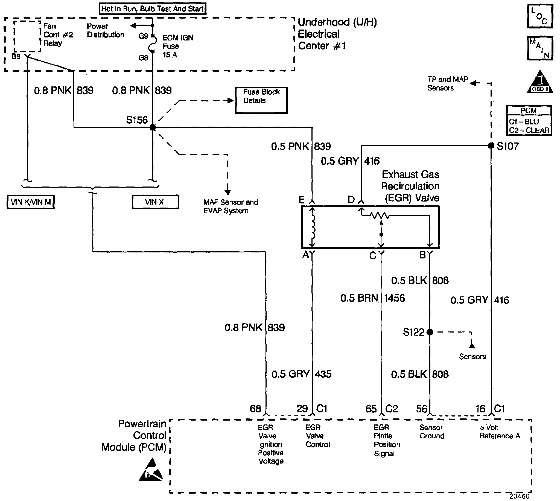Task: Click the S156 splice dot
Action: tap(153, 127)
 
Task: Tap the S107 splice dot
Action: tap(491, 145)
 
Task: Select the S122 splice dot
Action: tap(430, 332)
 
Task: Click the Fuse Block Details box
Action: tap(261, 100)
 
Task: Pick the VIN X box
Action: tap(156, 202)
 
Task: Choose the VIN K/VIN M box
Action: tap(31, 202)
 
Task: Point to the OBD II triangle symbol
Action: tap(540, 82)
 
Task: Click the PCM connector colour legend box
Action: tap(529, 120)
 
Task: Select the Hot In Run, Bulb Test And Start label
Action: tap(153, 8)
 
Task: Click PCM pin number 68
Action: tap(255, 409)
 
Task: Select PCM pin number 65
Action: tap(371, 409)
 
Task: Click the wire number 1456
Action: tap(394, 298)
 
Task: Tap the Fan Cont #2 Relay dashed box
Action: tap(27, 36)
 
